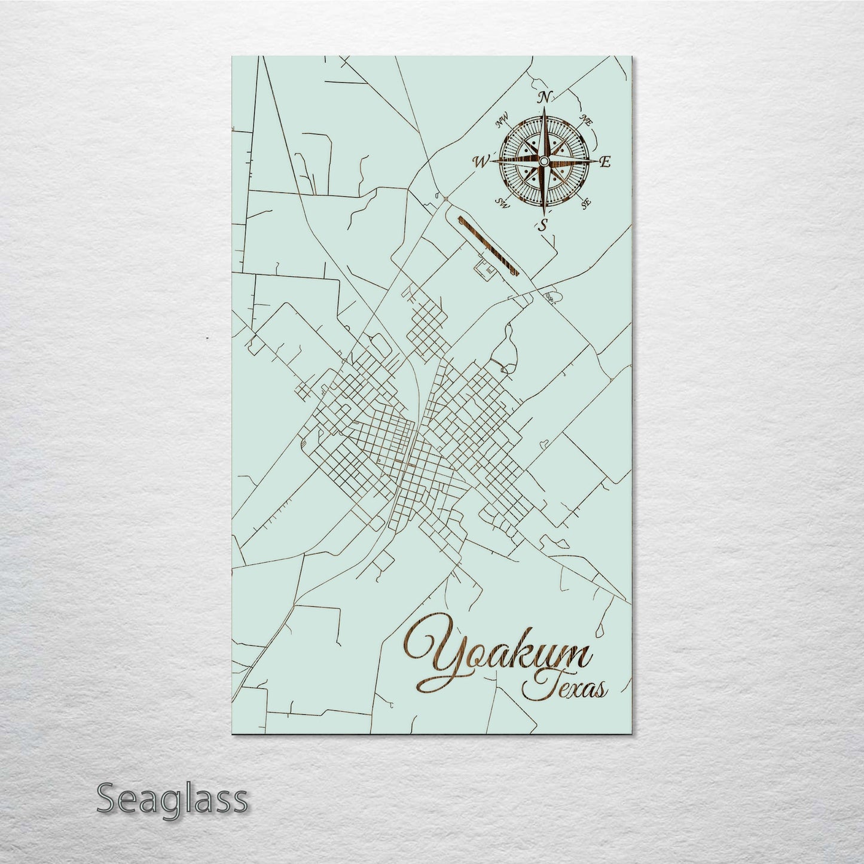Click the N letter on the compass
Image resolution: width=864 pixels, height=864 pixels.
point(545,97)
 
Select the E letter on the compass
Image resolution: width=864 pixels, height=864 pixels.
point(605,161)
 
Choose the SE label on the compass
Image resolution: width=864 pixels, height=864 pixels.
point(586,203)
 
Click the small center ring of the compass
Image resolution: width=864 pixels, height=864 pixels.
point(544,161)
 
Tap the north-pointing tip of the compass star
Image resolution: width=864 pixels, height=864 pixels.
point(544,111)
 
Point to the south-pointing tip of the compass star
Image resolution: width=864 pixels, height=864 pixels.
point(544,214)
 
